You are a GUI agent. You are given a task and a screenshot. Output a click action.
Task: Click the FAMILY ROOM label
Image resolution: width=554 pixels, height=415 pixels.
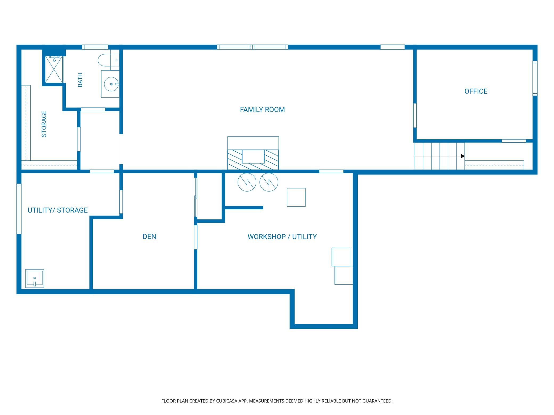262,110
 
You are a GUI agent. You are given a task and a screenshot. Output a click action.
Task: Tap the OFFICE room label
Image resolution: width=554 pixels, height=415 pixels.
476,91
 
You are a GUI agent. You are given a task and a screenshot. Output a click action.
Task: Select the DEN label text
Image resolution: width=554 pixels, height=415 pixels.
149,236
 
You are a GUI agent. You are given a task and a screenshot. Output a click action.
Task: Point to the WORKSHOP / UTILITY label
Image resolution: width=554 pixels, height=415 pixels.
282,236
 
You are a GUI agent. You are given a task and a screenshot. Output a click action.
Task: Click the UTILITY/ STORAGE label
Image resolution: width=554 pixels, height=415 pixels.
58,210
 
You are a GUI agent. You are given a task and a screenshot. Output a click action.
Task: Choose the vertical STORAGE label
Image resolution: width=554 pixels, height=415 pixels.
44,124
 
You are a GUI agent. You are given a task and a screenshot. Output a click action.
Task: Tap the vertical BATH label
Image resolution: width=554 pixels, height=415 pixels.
80,80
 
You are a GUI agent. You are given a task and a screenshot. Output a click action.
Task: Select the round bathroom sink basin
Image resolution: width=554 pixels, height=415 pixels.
111,84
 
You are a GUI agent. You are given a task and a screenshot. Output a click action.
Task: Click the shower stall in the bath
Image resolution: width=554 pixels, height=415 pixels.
54,69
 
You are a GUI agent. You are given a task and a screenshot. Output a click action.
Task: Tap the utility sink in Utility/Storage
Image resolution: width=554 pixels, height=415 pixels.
35,278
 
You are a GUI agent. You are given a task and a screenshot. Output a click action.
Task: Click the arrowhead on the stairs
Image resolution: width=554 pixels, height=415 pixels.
463,156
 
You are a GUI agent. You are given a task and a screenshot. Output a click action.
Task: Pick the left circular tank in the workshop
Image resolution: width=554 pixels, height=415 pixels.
247,182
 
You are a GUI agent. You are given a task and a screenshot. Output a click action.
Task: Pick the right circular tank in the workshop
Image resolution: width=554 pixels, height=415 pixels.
269,182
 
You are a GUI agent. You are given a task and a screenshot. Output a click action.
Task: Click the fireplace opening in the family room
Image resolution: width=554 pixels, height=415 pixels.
253,156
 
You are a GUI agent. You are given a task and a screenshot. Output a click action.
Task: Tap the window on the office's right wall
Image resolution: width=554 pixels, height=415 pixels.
535,78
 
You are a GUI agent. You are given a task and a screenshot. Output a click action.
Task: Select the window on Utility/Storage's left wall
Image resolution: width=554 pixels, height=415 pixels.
19,209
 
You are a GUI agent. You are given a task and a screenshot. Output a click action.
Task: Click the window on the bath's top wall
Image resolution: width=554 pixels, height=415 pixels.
95,47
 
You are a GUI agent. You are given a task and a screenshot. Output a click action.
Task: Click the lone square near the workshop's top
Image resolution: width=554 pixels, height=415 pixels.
296,197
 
